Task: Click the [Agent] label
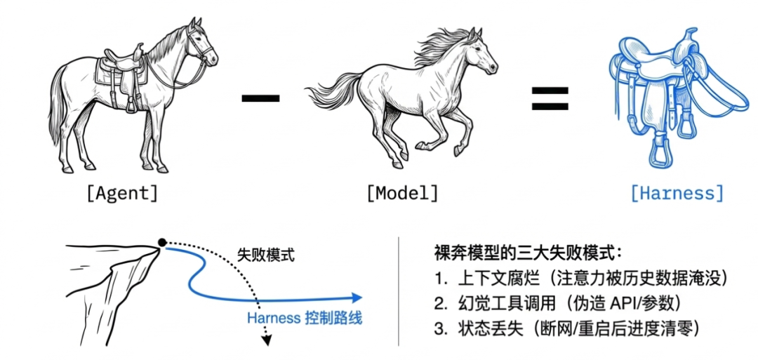(x=121, y=194)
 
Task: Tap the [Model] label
(x=401, y=194)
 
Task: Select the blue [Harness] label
(x=676, y=194)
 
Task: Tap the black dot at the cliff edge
(x=162, y=242)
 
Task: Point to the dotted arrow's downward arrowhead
(x=266, y=341)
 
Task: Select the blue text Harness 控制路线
(x=305, y=318)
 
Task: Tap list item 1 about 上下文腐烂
(x=580, y=278)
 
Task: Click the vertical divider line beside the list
(x=399, y=291)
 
